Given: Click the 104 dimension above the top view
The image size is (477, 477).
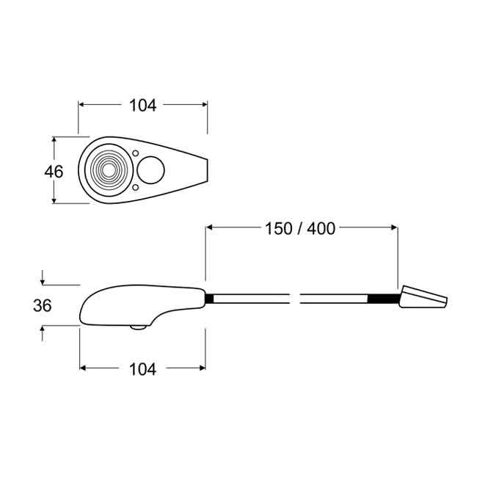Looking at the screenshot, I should coord(142,105).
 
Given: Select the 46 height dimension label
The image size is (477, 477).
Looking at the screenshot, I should coord(54,172).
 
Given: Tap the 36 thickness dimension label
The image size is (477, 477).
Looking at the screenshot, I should coord(43,305).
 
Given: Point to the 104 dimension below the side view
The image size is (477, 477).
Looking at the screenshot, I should coord(142,369).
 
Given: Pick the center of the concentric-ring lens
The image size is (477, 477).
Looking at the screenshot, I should coord(109,171).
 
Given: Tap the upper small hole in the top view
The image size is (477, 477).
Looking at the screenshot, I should coord(136,153).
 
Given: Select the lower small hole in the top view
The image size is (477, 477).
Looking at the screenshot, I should coord(136,189).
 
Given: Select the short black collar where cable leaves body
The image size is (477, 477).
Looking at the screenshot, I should coord(210,299).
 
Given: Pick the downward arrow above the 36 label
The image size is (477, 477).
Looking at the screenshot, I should coord(43,281).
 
